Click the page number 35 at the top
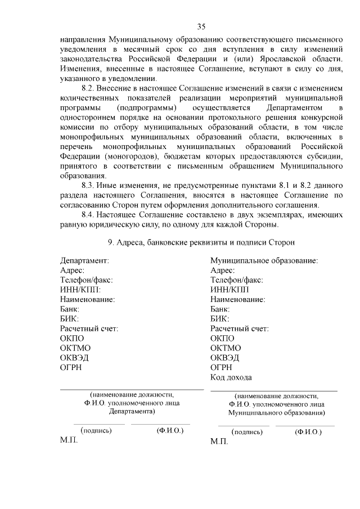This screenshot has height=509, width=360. (x=202, y=26)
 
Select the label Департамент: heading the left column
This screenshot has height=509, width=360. (x=84, y=261)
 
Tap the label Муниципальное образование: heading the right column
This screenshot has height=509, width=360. (x=264, y=261)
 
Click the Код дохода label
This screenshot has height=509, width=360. (x=231, y=377)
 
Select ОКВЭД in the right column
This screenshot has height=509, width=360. (x=224, y=358)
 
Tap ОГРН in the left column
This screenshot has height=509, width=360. (x=71, y=368)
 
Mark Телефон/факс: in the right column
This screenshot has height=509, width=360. (x=236, y=280)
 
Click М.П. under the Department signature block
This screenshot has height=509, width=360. (x=69, y=440)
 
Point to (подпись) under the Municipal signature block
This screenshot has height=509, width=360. (x=247, y=432)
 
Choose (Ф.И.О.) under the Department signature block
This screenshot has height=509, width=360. (x=170, y=431)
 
